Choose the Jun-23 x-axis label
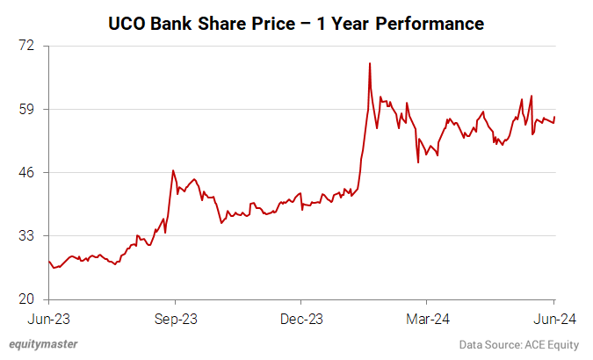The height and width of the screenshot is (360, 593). point(48,319)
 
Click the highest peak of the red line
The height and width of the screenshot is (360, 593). point(370,63)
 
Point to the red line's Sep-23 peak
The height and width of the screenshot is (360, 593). point(173,170)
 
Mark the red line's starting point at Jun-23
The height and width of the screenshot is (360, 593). point(49,261)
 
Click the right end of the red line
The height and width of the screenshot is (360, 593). point(554,118)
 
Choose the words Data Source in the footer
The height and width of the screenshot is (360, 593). point(488,345)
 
